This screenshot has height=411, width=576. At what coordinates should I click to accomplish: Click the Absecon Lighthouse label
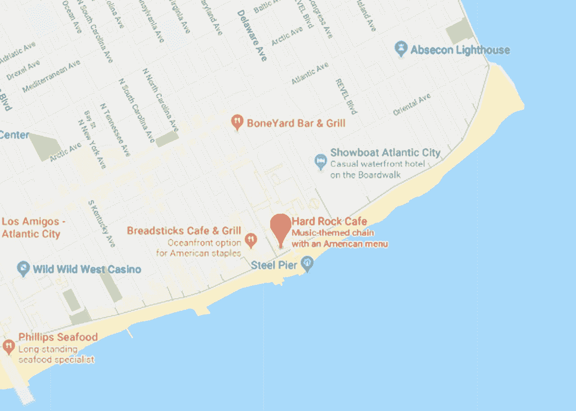click(x=460, y=50)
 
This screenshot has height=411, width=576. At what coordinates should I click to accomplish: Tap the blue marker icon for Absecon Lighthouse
click(x=401, y=48)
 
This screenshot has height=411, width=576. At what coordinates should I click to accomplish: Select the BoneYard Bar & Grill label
click(x=296, y=123)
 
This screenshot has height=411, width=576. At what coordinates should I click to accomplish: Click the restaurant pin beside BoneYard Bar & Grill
click(x=237, y=122)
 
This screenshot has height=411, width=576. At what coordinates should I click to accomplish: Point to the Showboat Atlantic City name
click(x=385, y=153)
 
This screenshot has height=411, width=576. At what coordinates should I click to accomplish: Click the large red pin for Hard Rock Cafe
click(x=281, y=229)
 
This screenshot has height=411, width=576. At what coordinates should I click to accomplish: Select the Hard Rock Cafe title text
click(x=329, y=222)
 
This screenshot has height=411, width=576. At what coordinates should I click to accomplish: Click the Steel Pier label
click(x=274, y=265)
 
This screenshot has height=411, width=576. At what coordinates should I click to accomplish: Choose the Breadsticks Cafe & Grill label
click(x=184, y=231)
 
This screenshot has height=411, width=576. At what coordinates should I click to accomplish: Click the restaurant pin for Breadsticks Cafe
click(x=250, y=239)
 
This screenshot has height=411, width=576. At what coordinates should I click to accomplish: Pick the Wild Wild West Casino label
click(x=87, y=269)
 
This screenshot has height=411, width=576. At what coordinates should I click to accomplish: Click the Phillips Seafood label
click(x=58, y=337)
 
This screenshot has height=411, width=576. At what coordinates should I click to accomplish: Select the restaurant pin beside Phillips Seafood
click(x=8, y=346)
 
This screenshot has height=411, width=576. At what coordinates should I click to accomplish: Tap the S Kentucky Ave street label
click(x=101, y=223)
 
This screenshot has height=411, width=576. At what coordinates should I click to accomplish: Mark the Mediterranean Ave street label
click(x=51, y=76)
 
